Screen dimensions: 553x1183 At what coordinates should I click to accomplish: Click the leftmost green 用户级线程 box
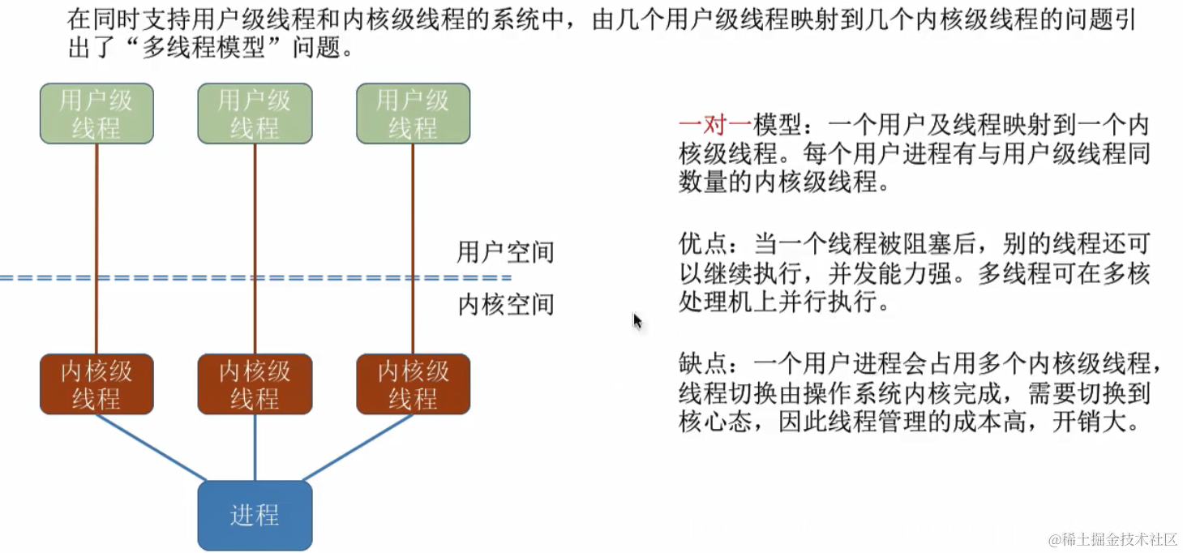tap(96, 114)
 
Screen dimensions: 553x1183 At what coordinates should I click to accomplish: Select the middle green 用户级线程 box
tap(255, 114)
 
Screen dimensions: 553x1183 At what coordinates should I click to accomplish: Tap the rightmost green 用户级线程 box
tap(413, 114)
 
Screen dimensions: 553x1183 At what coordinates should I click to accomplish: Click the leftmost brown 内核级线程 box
tap(96, 384)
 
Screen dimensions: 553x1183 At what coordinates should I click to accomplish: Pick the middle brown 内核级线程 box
tap(255, 384)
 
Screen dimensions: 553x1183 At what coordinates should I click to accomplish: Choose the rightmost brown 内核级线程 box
tap(413, 384)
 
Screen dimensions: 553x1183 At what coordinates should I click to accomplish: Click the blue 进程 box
tap(255, 516)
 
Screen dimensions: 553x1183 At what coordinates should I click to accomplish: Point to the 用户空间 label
tap(505, 252)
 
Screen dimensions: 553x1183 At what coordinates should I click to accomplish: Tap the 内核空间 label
tap(505, 305)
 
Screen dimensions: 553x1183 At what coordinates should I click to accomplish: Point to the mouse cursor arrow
tap(637, 321)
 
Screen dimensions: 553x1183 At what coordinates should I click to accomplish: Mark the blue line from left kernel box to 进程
tap(151, 448)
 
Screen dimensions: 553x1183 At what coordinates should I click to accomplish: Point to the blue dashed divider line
tap(243, 278)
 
